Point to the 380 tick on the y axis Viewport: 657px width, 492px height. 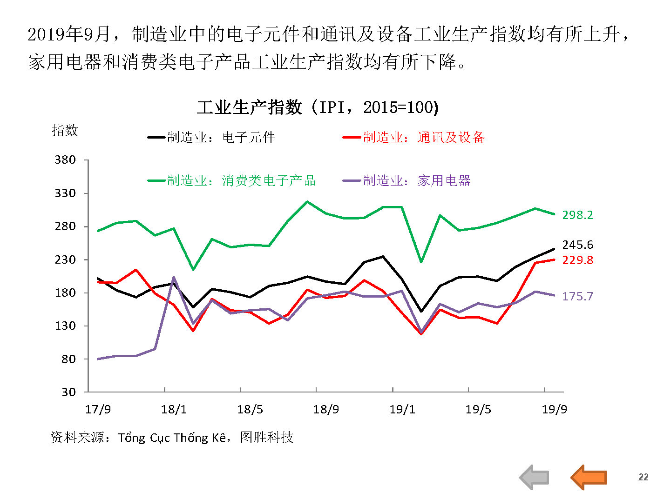pos(65,160)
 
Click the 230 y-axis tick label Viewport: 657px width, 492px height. pos(65,259)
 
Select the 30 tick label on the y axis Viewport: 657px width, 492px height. pos(68,392)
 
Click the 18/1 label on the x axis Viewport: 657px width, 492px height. pos(174,409)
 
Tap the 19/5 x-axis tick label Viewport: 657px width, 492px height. pos(478,409)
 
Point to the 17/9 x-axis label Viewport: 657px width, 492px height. pos(98,409)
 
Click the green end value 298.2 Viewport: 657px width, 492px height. pos(577,215)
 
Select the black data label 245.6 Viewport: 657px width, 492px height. pos(577,245)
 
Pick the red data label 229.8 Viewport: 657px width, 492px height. pos(577,260)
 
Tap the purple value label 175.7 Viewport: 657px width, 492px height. pos(577,296)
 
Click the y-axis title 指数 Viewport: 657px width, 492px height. pos(65,130)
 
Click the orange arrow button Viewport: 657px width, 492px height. pos(589,477)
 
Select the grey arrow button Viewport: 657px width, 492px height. pos(535,477)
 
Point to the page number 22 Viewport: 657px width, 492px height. pos(643,477)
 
